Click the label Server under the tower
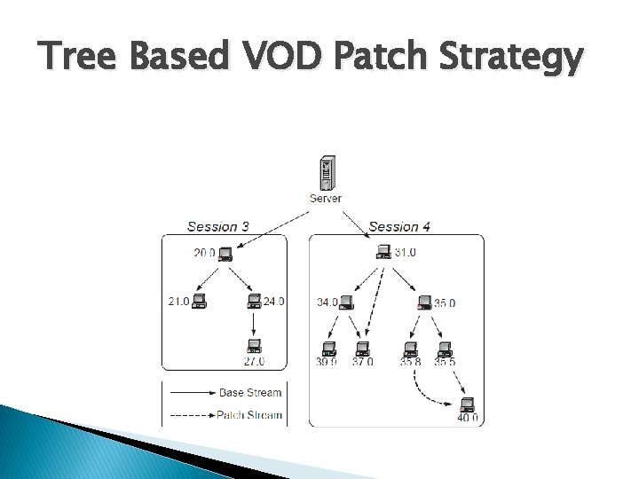[325, 199]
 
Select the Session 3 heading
[218, 226]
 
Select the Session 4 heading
[399, 226]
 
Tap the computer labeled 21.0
[199, 302]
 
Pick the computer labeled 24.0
[255, 302]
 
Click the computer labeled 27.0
[254, 345]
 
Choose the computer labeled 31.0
[383, 254]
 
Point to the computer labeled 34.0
[346, 302]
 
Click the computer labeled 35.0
[423, 302]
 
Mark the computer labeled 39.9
[328, 347]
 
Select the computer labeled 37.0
[362, 347]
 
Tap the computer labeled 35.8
[411, 347]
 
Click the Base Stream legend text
[249, 392]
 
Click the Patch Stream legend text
[249, 414]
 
